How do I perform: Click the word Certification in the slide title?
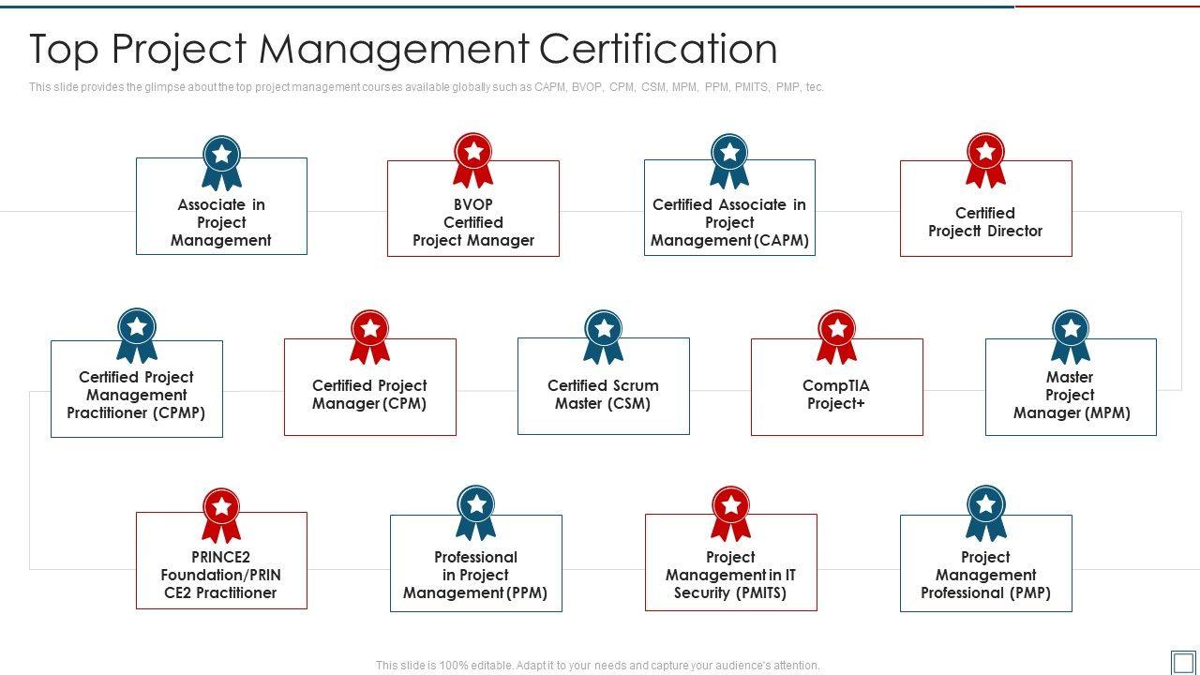tap(658, 49)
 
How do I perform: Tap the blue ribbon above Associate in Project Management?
tap(221, 163)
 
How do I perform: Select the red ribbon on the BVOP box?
tap(473, 160)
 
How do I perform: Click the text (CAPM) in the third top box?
tap(781, 241)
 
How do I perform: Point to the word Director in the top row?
tap(1014, 231)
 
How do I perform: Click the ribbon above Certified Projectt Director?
tap(985, 160)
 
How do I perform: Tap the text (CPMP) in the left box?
tap(179, 413)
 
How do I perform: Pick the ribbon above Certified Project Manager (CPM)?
tap(369, 337)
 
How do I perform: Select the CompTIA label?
tap(836, 385)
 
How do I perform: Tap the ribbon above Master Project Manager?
tap(1071, 337)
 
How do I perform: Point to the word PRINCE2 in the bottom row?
tap(220, 557)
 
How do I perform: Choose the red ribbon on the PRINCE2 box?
tap(221, 516)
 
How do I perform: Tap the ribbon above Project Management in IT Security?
tap(730, 514)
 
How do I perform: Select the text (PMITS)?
tap(760, 593)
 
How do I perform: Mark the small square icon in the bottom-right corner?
tap(1183, 663)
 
